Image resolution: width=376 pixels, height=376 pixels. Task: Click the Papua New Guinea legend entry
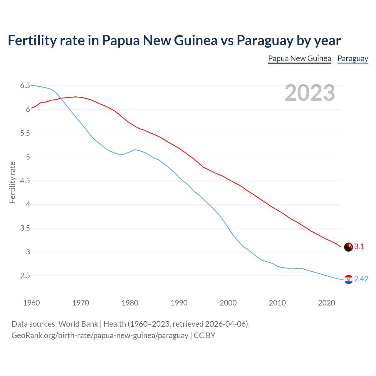pyautogui.click(x=299, y=58)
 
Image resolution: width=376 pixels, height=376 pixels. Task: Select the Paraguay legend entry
pyautogui.click(x=352, y=58)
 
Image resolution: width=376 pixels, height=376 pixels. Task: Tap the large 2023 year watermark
pyautogui.click(x=310, y=93)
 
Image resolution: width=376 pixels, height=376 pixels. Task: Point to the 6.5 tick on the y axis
pyautogui.click(x=25, y=86)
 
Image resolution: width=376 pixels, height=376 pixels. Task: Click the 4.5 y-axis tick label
pyautogui.click(x=25, y=181)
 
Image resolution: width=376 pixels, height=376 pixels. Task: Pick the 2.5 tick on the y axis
pyautogui.click(x=25, y=276)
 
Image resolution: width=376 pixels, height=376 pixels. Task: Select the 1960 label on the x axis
pyautogui.click(x=31, y=303)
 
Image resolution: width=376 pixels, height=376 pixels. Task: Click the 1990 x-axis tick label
pyautogui.click(x=179, y=303)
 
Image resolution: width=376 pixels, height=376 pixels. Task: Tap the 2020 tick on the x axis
pyautogui.click(x=326, y=303)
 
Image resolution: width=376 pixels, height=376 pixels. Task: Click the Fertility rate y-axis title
pyautogui.click(x=12, y=182)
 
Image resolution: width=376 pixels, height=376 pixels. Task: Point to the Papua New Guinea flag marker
pyautogui.click(x=348, y=247)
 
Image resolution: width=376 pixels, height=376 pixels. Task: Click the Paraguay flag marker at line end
pyautogui.click(x=348, y=279)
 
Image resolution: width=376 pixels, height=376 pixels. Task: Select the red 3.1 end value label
pyautogui.click(x=359, y=247)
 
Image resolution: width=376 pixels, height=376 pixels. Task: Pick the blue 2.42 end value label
pyautogui.click(x=361, y=279)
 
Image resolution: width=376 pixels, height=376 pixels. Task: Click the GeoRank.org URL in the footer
pyautogui.click(x=100, y=335)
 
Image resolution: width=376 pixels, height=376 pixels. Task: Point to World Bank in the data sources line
pyautogui.click(x=78, y=324)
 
